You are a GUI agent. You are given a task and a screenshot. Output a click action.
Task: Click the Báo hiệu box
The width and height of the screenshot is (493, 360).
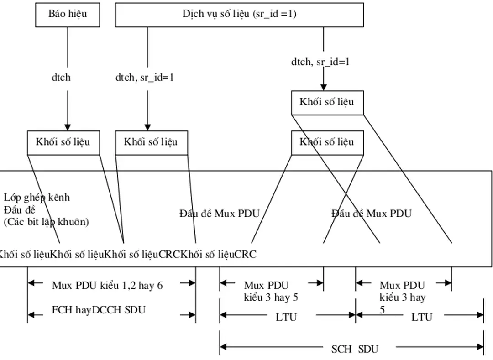(68, 14)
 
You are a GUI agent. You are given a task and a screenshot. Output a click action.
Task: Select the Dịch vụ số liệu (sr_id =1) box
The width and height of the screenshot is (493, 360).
(239, 14)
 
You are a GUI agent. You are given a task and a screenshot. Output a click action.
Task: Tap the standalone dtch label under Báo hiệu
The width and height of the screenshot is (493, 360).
(61, 77)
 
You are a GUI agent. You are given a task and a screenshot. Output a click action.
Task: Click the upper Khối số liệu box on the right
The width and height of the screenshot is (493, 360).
(327, 102)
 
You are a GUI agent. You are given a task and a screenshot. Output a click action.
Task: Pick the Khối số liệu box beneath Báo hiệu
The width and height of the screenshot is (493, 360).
(63, 142)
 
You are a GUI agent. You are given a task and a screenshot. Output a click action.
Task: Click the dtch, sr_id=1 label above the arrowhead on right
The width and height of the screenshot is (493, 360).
(320, 62)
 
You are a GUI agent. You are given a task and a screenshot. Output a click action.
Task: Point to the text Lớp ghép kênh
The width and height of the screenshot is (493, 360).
(37, 197)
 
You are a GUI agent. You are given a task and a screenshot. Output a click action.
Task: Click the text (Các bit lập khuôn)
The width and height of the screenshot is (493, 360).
(46, 222)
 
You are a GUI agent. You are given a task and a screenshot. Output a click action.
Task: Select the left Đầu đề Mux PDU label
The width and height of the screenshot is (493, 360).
(219, 213)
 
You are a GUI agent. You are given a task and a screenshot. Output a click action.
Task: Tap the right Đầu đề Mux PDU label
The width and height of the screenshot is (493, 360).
(371, 213)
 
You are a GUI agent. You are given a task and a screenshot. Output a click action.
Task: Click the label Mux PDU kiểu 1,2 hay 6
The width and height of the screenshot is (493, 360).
(107, 286)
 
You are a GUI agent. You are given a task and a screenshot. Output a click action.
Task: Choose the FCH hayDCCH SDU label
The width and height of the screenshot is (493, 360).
(99, 310)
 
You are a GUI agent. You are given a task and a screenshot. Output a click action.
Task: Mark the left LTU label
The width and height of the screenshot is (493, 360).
(286, 317)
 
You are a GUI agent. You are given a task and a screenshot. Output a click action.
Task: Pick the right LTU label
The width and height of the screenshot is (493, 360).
(422, 317)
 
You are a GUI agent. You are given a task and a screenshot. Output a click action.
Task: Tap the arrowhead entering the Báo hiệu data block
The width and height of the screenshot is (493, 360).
(68, 127)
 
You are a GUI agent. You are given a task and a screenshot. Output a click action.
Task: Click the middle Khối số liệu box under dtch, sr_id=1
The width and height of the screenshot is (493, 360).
(151, 142)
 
